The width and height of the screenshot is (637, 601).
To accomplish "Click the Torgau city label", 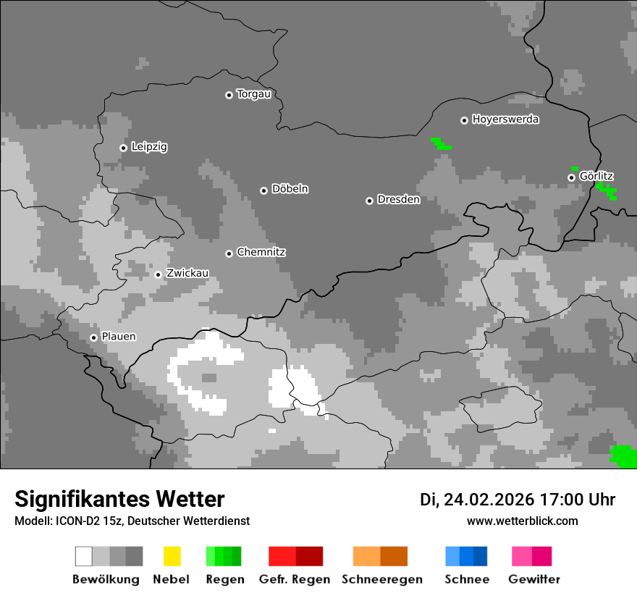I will click(253, 94).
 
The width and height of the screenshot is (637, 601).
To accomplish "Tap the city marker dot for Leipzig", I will click(123, 148).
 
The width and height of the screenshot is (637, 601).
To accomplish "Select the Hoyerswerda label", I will click(505, 119).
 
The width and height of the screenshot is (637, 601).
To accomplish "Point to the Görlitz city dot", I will click(571, 177).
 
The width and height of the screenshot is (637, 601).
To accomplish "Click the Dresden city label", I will click(398, 200).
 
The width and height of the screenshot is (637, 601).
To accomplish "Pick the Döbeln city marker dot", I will click(263, 190).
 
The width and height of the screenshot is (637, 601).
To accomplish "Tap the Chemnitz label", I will click(261, 253).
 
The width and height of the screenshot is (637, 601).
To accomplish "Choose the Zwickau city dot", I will click(158, 274).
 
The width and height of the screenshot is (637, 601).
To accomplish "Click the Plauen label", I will click(119, 337).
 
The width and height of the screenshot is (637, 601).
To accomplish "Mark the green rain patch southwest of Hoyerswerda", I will click(440, 143).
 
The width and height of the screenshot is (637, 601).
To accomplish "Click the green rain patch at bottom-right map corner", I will click(623, 456).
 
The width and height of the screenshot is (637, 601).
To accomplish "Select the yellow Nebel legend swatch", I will click(172, 556).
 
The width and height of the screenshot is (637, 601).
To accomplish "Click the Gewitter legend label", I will click(534, 579).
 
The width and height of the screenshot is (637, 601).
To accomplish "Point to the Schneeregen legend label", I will click(382, 579).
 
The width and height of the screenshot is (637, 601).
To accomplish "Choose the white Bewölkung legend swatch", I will click(83, 556).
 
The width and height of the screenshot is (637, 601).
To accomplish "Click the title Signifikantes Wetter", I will click(119, 500).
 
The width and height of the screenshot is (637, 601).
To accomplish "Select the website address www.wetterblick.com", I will click(523, 521).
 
